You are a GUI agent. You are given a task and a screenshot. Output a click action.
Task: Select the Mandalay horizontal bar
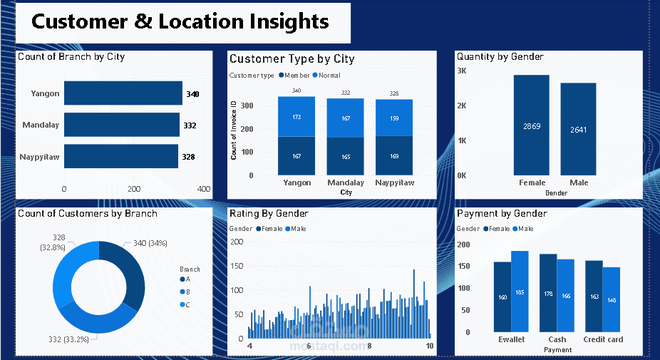(121, 125)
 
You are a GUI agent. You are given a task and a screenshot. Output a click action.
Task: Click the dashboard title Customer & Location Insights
(180, 21)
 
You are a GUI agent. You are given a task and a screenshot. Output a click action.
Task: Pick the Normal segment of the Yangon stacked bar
(297, 116)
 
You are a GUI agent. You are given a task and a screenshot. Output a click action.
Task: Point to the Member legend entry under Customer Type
(294, 76)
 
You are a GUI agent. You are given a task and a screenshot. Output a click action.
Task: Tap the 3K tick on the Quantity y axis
(461, 71)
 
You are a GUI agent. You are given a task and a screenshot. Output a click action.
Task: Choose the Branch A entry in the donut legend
(187, 279)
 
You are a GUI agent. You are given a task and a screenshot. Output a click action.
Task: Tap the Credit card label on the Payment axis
(603, 339)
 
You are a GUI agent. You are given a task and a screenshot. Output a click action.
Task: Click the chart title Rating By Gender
(269, 213)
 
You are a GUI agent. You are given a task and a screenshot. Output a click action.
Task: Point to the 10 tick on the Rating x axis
(430, 346)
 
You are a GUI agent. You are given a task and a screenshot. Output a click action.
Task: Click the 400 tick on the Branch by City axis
(203, 189)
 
